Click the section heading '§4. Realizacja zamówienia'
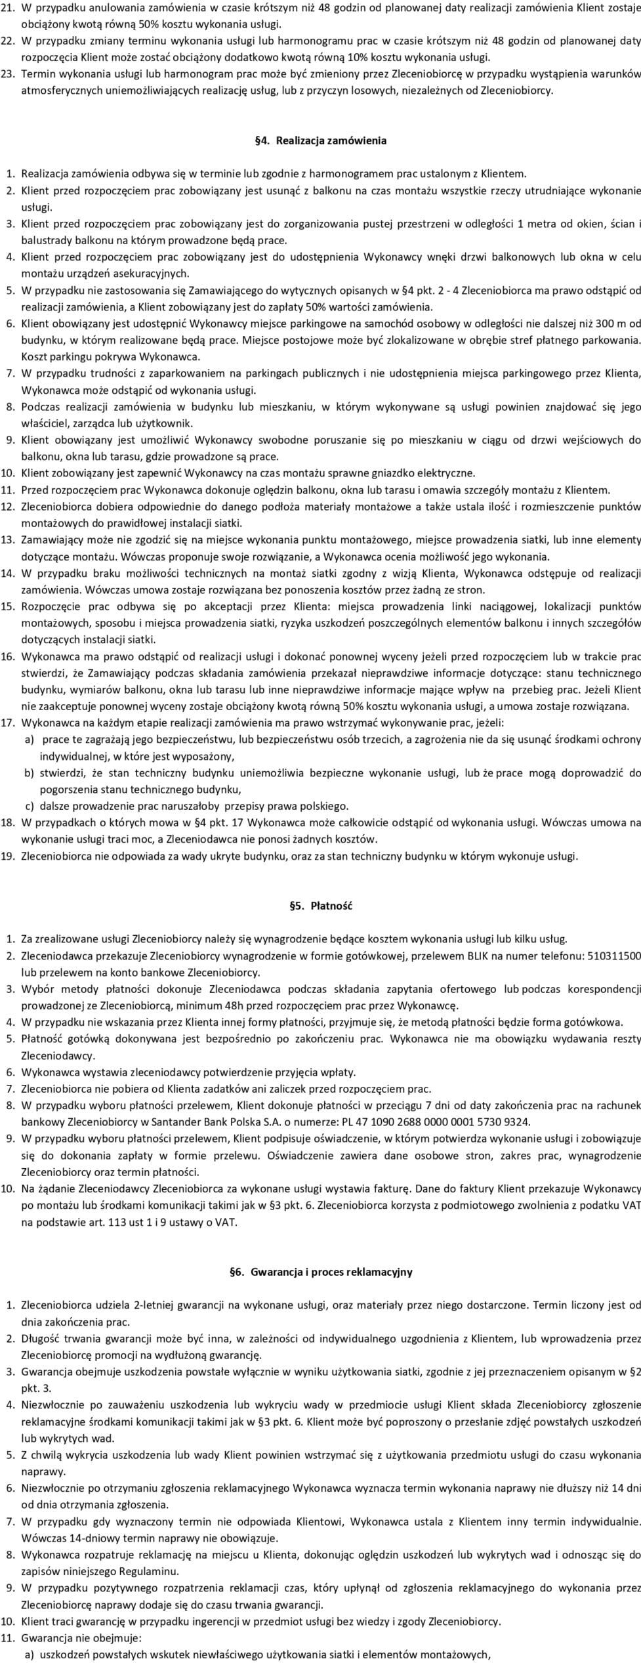[320, 140]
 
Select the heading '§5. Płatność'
[320, 906]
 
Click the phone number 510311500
[615, 956]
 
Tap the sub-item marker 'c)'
[30, 806]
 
